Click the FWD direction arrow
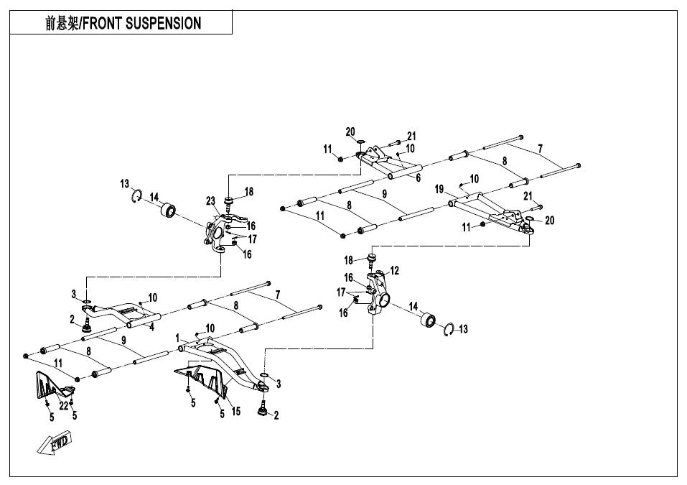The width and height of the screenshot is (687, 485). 57,443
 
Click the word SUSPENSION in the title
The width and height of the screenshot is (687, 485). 163,24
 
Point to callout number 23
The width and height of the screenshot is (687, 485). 210,200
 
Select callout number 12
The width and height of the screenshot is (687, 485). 395,271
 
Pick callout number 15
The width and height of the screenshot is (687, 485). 236,412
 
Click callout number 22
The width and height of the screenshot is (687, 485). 63,406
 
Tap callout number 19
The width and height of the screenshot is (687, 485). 439,189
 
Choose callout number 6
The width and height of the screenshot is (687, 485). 418,178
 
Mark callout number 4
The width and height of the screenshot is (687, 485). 152,326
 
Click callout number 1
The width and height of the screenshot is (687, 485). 177,338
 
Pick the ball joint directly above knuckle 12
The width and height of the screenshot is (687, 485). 373,258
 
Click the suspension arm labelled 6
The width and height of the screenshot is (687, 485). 388,162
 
